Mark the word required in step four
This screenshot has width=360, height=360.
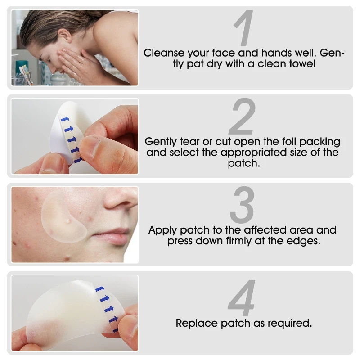[x=289, y=323]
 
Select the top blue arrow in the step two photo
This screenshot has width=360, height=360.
[x=66, y=120]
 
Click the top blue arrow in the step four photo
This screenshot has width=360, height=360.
[x=100, y=289]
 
